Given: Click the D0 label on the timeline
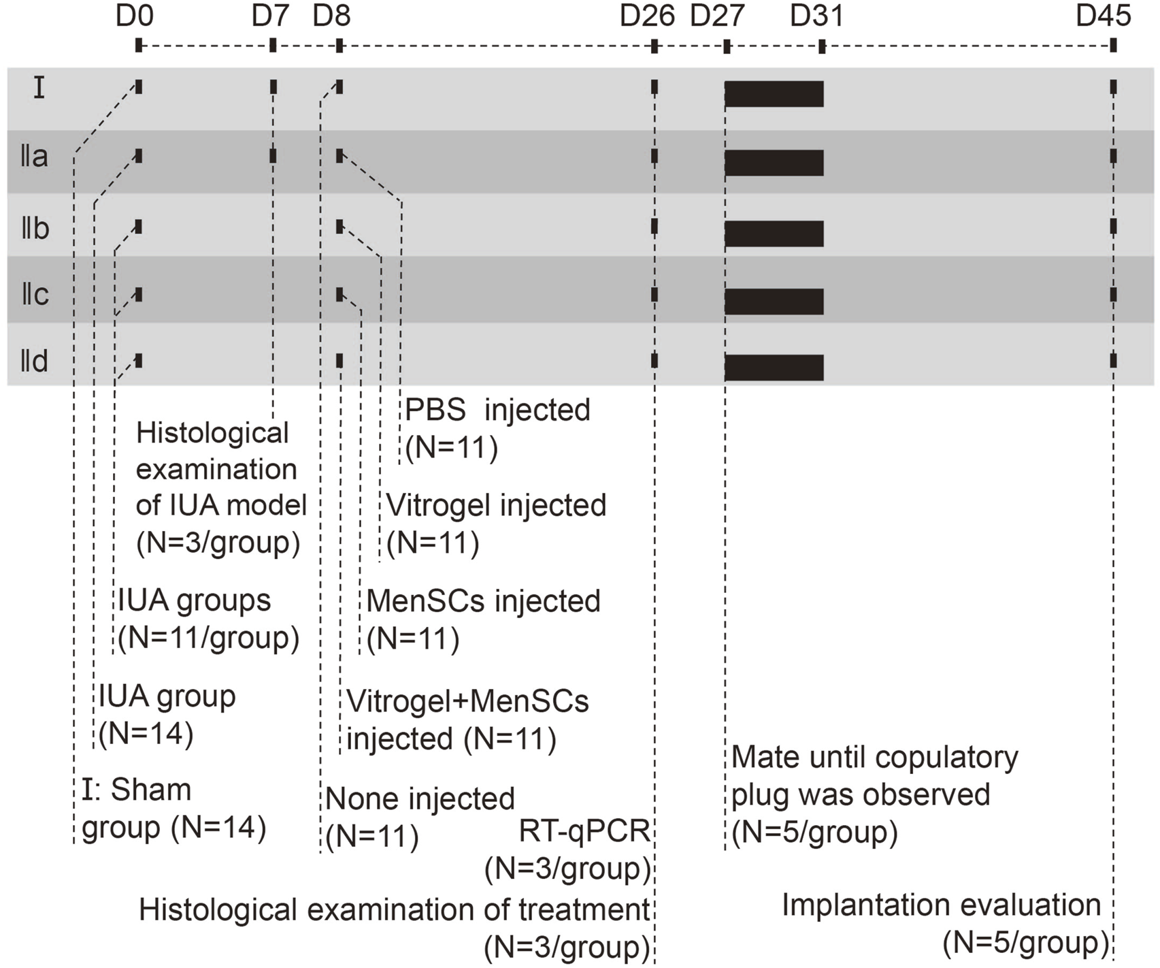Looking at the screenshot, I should (x=135, y=16).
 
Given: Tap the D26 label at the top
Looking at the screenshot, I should (x=646, y=16).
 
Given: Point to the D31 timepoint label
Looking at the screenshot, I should (x=816, y=16).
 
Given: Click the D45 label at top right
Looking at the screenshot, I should (x=1103, y=16).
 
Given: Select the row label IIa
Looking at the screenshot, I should (x=34, y=157).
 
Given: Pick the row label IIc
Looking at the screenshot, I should (x=35, y=294).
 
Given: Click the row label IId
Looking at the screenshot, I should (x=35, y=361).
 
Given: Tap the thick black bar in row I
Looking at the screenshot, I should (x=774, y=94).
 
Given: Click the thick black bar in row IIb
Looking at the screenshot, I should (x=774, y=233).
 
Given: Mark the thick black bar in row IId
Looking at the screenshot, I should (x=774, y=368).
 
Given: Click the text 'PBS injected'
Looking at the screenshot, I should (x=497, y=410).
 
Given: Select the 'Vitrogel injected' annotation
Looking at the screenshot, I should (x=496, y=506).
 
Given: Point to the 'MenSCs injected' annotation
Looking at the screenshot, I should (x=483, y=602).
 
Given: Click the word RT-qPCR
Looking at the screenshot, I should (x=584, y=831).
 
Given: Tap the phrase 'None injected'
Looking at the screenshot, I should (x=420, y=799).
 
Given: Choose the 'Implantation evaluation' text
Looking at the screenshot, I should (x=941, y=905).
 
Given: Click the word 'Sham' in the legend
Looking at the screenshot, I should (x=151, y=790).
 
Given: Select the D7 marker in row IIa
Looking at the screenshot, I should (x=273, y=156).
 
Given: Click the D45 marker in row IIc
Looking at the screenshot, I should (x=1113, y=295).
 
